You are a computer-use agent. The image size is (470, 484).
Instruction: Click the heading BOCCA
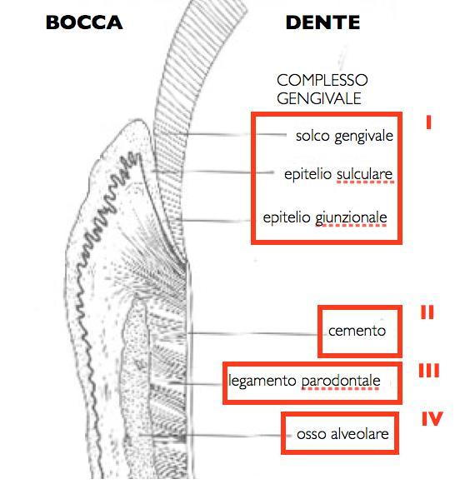[x=84, y=22]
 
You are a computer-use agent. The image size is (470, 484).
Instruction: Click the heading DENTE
[x=323, y=22]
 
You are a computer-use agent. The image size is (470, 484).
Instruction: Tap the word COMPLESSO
[x=322, y=80]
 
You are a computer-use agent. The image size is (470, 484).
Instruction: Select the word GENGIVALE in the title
[x=319, y=98]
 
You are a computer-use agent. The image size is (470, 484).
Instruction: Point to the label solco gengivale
[x=344, y=136]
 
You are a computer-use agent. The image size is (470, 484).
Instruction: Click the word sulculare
[x=364, y=174]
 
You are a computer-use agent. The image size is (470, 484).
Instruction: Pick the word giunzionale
[x=351, y=218]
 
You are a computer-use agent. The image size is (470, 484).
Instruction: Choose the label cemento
[x=357, y=332]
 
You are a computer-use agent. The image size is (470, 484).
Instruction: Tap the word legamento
[x=262, y=381]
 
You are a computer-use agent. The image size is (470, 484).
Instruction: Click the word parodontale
[x=341, y=381]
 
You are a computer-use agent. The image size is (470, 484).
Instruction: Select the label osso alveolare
[x=342, y=434]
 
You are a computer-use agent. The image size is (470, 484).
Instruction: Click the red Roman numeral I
[x=428, y=122]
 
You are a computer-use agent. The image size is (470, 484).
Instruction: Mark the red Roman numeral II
[x=427, y=312]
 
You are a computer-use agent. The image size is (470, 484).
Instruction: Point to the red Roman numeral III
[x=429, y=371]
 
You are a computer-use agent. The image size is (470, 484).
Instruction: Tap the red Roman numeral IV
[x=432, y=419]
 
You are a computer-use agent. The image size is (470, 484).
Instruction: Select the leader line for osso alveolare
[x=215, y=435]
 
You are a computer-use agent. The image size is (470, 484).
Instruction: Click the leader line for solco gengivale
[x=236, y=134]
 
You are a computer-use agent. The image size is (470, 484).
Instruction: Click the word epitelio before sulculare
[x=307, y=174]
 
